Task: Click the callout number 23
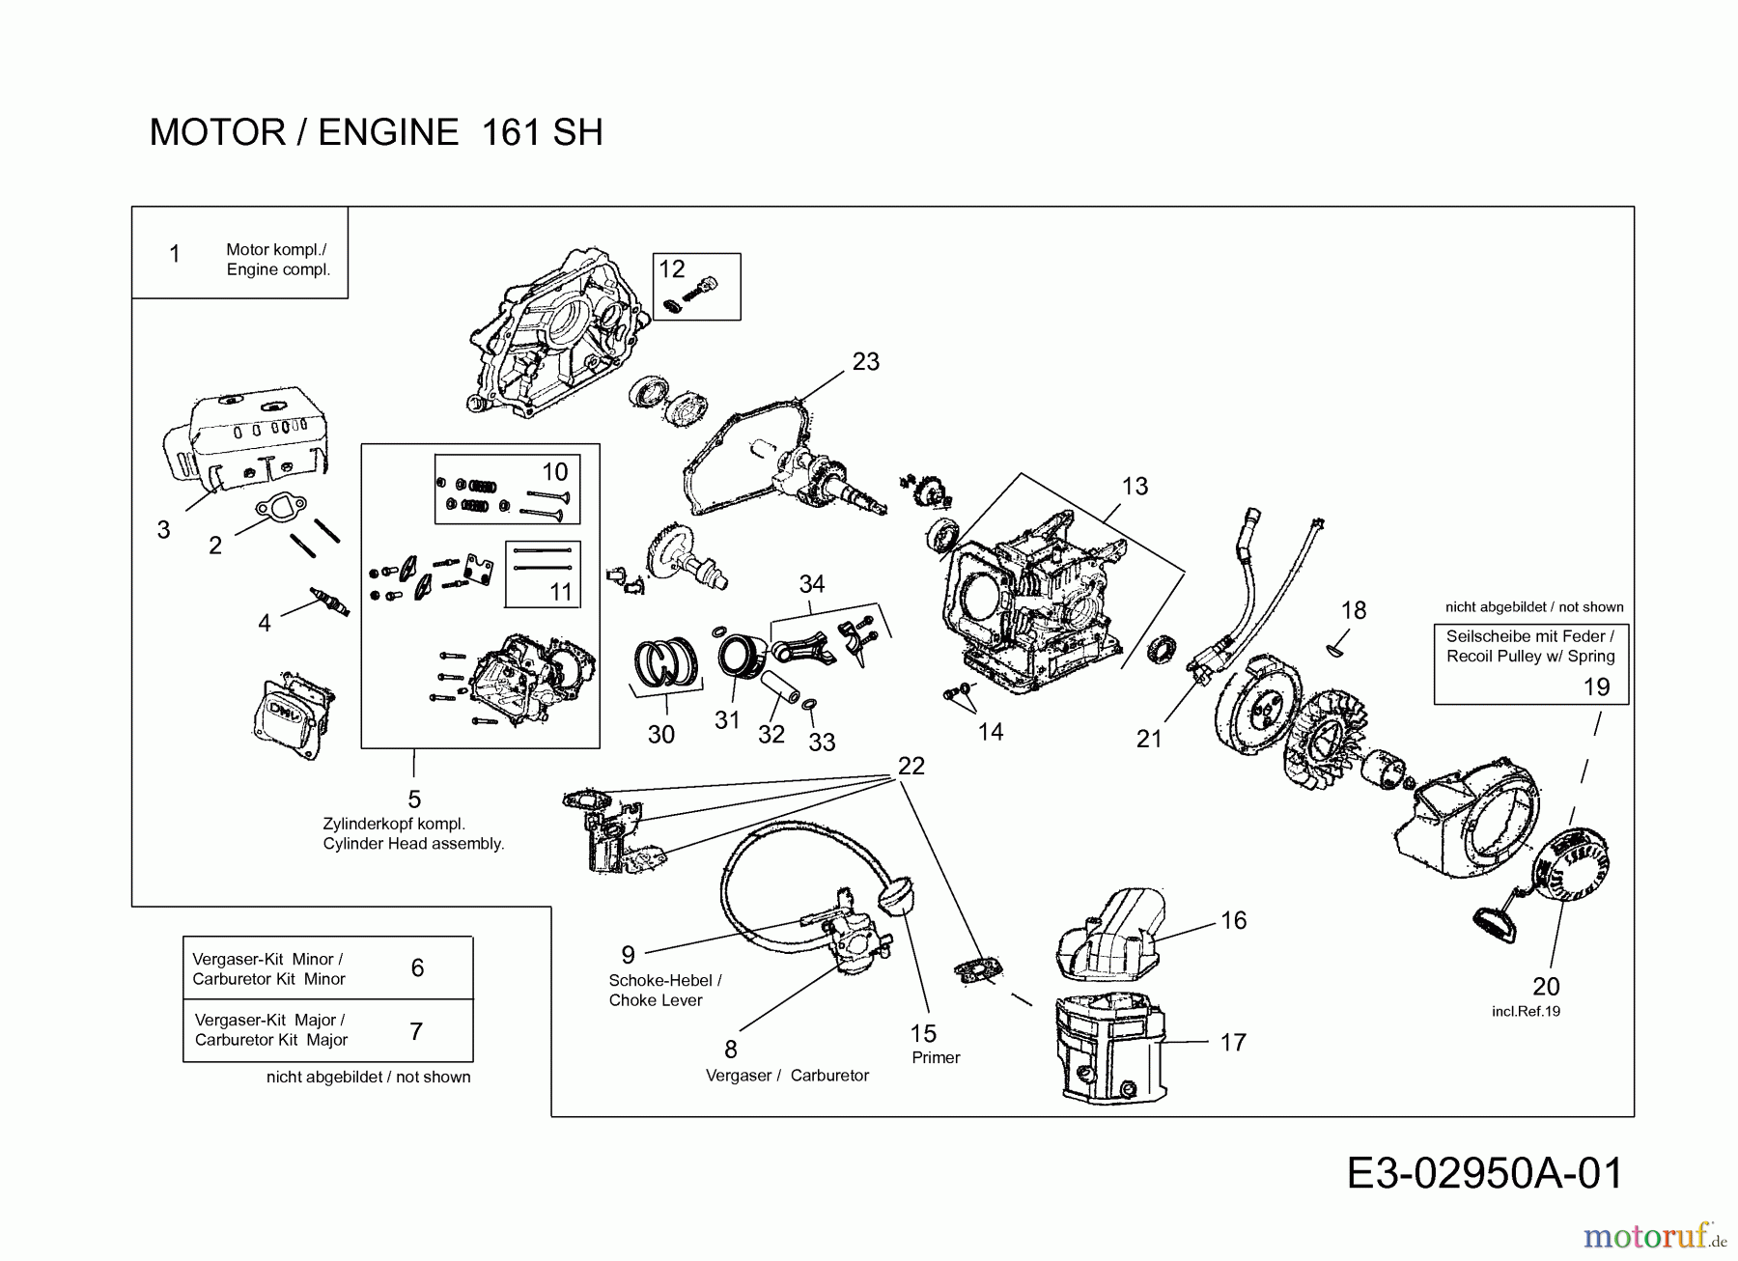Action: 866,361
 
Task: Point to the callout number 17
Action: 1233,1043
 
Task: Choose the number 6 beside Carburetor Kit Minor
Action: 417,967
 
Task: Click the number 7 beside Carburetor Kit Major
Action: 416,1031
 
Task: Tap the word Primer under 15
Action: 936,1057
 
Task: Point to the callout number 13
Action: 1135,486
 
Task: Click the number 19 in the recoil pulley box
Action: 1596,687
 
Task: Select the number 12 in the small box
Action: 671,268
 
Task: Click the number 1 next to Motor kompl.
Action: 174,254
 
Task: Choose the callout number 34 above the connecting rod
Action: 812,583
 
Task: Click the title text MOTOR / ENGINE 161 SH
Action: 376,132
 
